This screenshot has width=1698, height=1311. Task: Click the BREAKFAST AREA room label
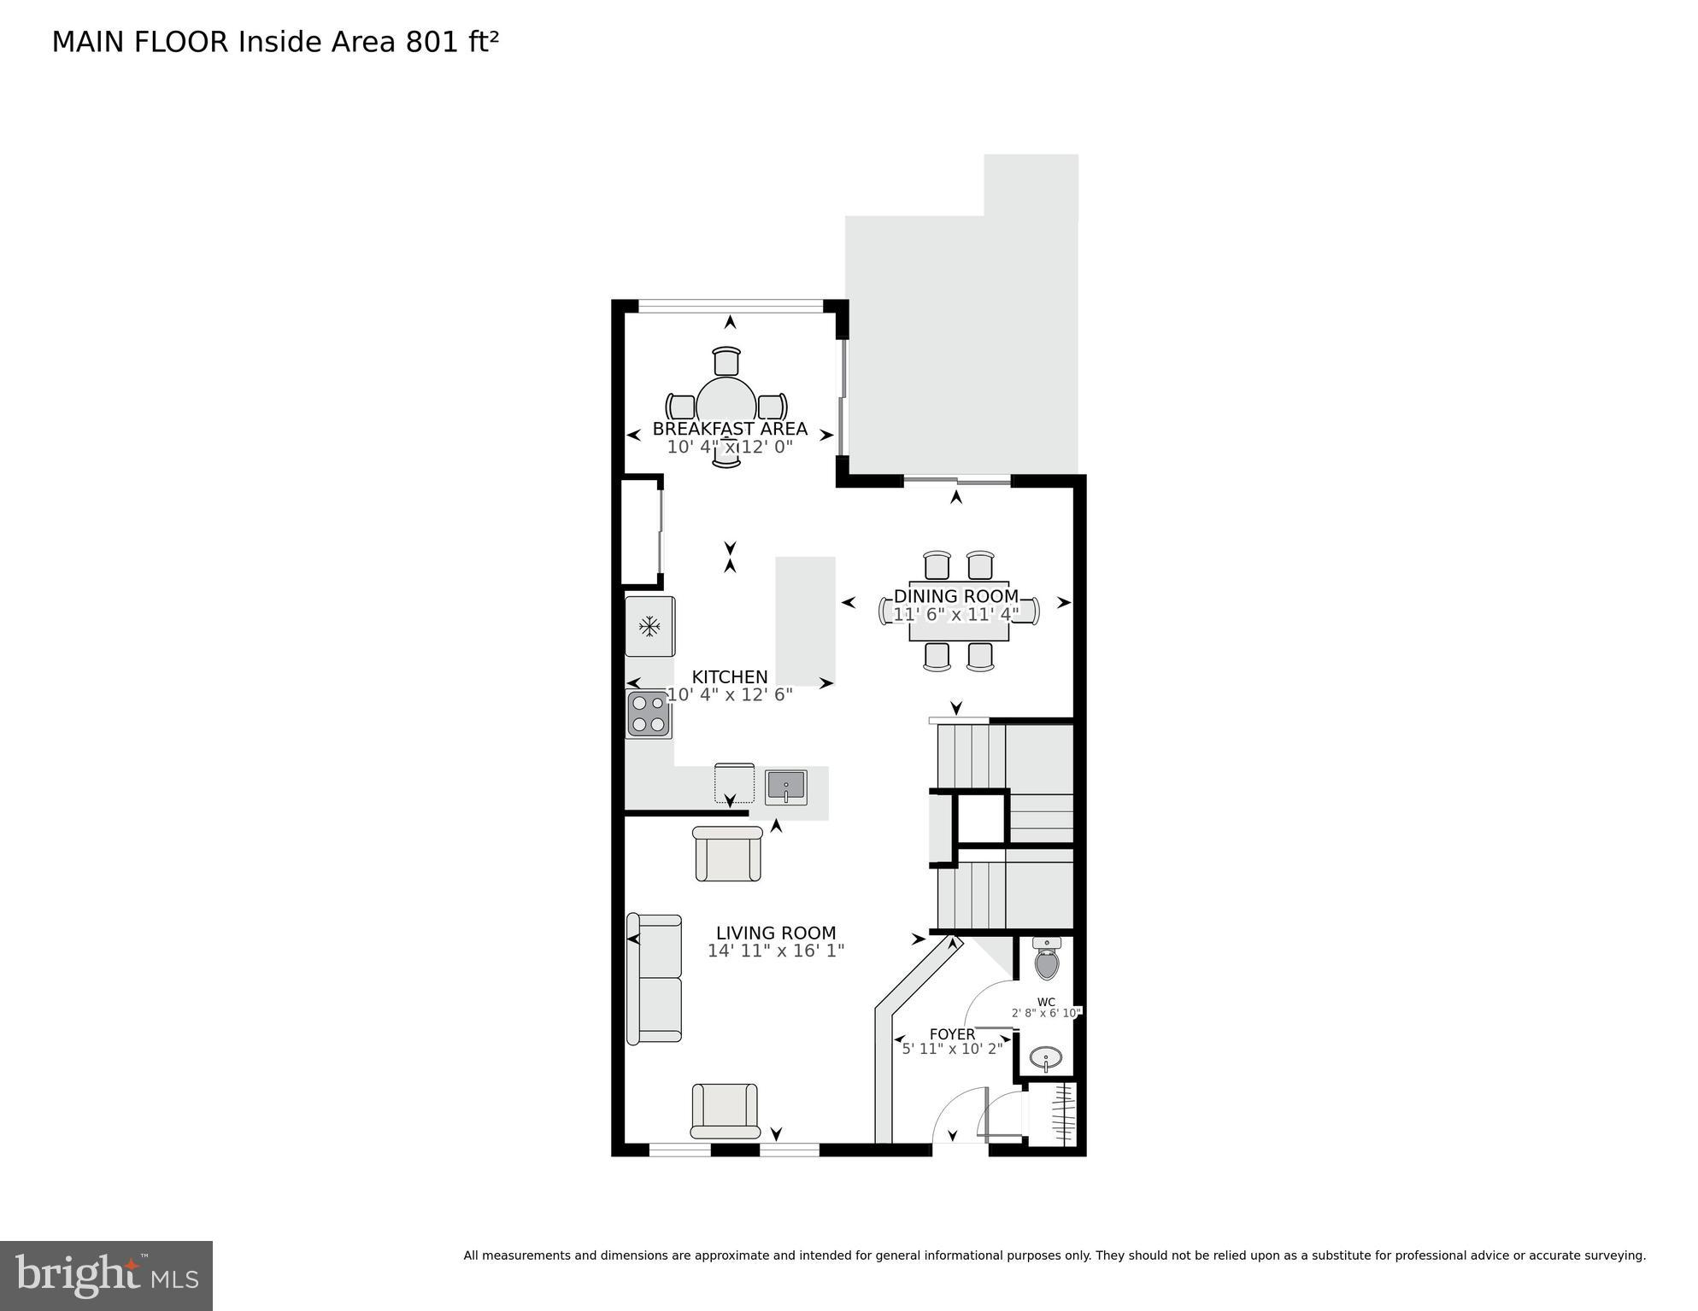(730, 429)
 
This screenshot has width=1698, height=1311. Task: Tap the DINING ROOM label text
(955, 596)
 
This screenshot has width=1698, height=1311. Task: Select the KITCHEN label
(730, 677)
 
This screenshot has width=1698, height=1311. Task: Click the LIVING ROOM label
(776, 934)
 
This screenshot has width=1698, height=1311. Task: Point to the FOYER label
(952, 1034)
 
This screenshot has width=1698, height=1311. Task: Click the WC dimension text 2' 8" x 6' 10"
(1046, 1013)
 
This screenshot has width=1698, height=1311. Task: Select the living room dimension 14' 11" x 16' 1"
(776, 951)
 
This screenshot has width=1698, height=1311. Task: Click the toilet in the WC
(1046, 958)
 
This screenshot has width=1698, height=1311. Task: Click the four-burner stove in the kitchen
(649, 714)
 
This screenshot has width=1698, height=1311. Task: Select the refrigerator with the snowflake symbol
(649, 627)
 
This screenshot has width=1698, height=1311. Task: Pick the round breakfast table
(726, 403)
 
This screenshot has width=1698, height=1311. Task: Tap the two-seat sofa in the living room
(655, 979)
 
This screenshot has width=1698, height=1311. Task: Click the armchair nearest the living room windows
(725, 1109)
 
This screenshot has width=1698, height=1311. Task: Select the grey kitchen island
(805, 620)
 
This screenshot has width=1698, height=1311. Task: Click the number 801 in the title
(432, 42)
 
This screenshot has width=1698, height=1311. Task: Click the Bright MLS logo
(106, 1276)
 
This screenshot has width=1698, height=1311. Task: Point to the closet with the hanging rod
(1056, 1114)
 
